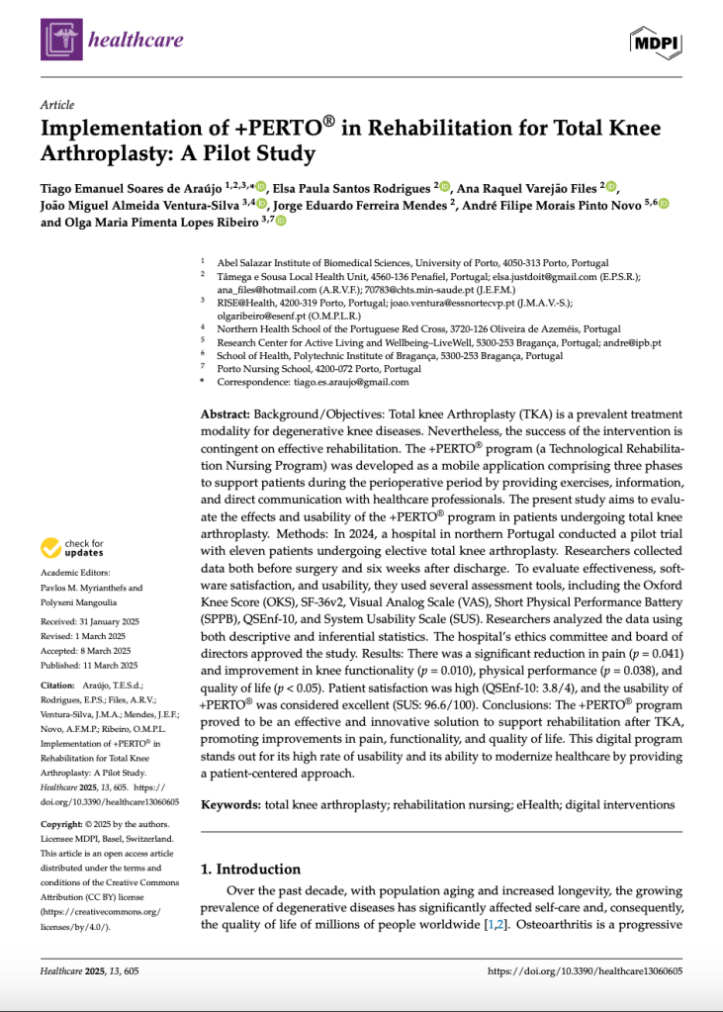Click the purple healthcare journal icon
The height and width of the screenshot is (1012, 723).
click(60, 40)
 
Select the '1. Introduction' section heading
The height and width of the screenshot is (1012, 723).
click(251, 869)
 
